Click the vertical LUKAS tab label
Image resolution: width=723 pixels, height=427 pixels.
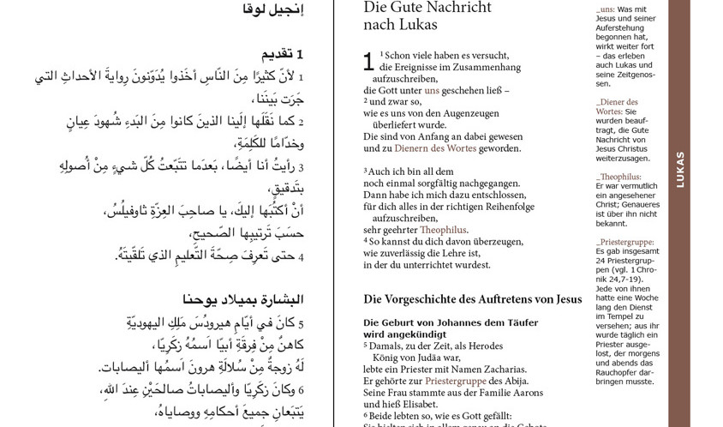point(679,170)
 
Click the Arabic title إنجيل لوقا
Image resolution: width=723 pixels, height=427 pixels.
point(272,9)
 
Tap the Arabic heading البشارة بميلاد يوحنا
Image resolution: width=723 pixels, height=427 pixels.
point(242,300)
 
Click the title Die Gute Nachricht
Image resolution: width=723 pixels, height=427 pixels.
point(427,8)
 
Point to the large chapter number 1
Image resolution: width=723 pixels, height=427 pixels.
point(368,62)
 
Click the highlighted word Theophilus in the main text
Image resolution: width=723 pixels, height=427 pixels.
point(443,230)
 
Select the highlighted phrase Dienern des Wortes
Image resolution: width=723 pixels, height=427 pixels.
point(446,148)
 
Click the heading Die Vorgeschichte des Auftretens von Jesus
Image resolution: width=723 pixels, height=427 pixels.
point(472,299)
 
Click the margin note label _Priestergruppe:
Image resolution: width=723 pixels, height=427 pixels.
point(624,242)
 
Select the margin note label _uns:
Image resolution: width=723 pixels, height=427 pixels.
point(606,9)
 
